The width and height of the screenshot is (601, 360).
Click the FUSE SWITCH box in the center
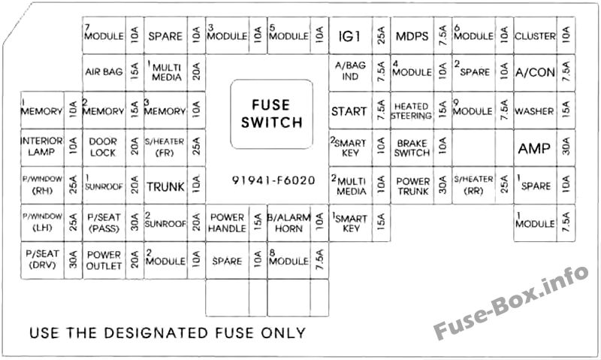271,114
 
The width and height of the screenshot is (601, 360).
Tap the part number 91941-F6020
273,180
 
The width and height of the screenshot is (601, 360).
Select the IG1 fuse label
349,36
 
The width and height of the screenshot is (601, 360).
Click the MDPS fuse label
412,36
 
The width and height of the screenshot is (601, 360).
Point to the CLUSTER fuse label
535,36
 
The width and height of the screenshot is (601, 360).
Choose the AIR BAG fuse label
104,71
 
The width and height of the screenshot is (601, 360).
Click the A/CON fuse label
535,72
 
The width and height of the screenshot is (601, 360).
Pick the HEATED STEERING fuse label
412,110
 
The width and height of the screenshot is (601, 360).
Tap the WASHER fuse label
534,111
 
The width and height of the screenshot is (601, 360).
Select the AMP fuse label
534,148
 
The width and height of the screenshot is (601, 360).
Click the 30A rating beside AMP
566,148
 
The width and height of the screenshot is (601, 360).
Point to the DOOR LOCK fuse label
103,147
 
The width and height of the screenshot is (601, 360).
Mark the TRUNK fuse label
165,186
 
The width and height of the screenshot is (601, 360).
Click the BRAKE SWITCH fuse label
412,148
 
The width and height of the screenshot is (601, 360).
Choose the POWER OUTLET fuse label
104,260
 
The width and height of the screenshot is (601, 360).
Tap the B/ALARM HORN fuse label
288,222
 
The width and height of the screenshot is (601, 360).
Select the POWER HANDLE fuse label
227,222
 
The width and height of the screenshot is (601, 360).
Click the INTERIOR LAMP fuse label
41,147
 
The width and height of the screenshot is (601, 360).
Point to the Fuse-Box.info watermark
512,302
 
